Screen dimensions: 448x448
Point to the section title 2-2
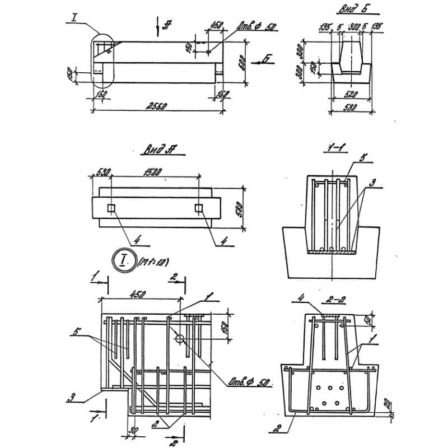point(337,300)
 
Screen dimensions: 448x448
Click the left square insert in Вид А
point(111,209)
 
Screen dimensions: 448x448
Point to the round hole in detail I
point(179,339)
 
